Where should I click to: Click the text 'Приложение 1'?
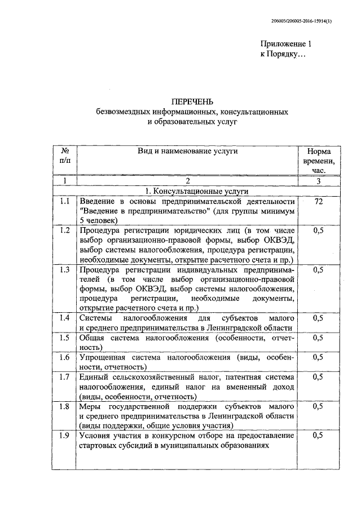[x=285, y=45]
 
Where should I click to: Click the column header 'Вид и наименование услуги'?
[x=187, y=151]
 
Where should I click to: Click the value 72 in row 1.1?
[x=319, y=202]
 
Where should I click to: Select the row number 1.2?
[x=65, y=230]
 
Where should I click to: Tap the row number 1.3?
[x=65, y=270]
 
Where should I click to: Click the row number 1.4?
[x=65, y=318]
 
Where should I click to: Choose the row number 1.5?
[x=65, y=338]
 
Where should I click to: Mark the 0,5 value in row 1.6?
[x=319, y=358]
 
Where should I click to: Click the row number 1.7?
[x=65, y=377]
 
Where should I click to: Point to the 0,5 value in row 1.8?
[x=319, y=406]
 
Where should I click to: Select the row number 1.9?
[x=65, y=436]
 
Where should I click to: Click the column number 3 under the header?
[x=319, y=181]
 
